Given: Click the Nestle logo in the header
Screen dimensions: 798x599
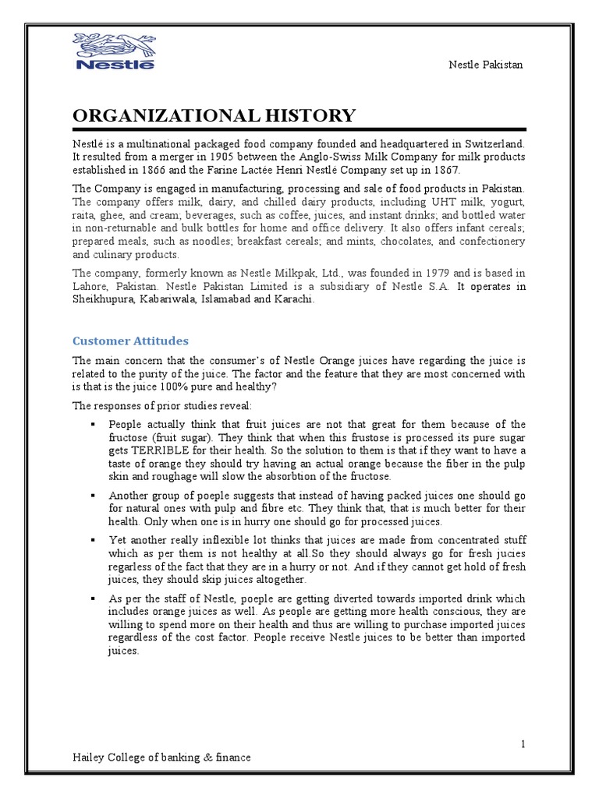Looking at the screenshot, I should click(x=114, y=51).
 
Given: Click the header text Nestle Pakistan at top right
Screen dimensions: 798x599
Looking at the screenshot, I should click(x=485, y=64).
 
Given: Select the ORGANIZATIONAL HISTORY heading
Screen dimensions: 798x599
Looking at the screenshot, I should click(x=214, y=117).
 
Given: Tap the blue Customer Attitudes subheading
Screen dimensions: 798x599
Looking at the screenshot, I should click(x=130, y=341).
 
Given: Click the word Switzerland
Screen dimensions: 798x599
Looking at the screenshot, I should click(x=494, y=144).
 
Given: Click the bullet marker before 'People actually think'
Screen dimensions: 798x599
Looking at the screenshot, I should click(x=92, y=424).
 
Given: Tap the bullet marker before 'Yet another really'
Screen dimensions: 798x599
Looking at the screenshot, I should click(x=92, y=540).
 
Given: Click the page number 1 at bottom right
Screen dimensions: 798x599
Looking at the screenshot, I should click(x=523, y=744).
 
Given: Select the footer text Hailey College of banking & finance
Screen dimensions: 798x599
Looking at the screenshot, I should click(x=162, y=757).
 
